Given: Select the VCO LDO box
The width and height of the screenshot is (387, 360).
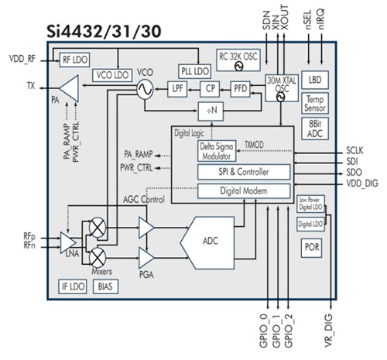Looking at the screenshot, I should click(x=111, y=75).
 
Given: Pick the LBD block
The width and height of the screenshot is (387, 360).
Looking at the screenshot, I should click(x=314, y=80).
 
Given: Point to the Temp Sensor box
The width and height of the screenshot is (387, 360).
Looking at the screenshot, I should click(x=314, y=103).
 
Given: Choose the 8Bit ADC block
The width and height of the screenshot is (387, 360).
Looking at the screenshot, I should click(x=314, y=128).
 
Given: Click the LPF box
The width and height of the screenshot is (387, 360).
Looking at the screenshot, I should click(x=179, y=89).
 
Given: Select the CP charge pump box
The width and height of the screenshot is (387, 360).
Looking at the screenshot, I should click(x=210, y=89).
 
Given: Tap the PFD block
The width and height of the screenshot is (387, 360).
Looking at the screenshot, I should click(x=241, y=89).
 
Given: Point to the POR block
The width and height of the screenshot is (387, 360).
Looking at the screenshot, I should click(x=312, y=249).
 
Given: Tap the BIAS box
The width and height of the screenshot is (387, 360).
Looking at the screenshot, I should click(x=104, y=286).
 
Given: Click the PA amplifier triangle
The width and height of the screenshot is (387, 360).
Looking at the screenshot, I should click(x=68, y=89).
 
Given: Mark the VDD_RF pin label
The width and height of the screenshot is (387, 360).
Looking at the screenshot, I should click(x=22, y=57).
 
